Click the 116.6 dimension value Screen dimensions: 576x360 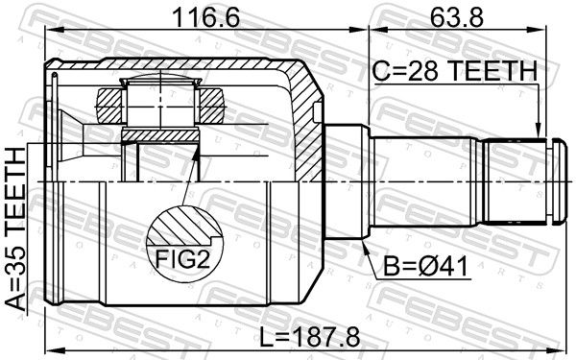(206, 18)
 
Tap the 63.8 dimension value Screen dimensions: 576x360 (457, 17)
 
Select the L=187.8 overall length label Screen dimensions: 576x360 (309, 337)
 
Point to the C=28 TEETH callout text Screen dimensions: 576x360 (455, 71)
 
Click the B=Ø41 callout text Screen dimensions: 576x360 (426, 266)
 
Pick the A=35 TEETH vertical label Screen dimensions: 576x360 (16, 228)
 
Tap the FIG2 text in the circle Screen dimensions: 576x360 (182, 258)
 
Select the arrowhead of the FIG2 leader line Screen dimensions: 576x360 (197, 155)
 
